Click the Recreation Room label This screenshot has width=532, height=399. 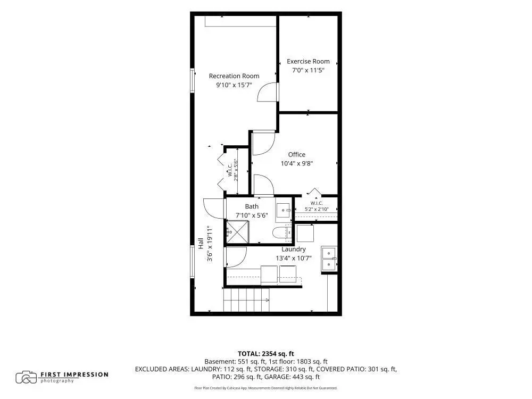pyautogui.click(x=234, y=76)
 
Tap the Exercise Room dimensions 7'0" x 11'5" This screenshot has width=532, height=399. pyautogui.click(x=308, y=70)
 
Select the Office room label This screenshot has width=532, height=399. pyautogui.click(x=296, y=154)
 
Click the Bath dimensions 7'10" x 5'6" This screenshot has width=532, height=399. pyautogui.click(x=252, y=215)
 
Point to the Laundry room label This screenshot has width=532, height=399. pyautogui.click(x=294, y=249)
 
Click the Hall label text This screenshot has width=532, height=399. pyautogui.click(x=201, y=243)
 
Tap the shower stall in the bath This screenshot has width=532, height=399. pyautogui.click(x=237, y=232)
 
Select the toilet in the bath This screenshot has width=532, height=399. pyautogui.click(x=282, y=232)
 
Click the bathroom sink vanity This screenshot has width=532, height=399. pyautogui.click(x=284, y=210)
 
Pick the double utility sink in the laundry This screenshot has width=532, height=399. pyautogui.click(x=329, y=259)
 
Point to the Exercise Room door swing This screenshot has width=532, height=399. pyautogui.click(x=268, y=92)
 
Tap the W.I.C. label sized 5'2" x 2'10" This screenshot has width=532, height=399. pyautogui.click(x=316, y=206)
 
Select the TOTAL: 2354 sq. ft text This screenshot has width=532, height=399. pyautogui.click(x=265, y=354)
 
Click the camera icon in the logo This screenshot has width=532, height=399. pyautogui.click(x=26, y=377)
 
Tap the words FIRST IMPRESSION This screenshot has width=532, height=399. pyautogui.click(x=74, y=375)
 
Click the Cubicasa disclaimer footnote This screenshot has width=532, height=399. pyautogui.click(x=265, y=388)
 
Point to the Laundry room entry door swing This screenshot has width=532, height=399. pyautogui.click(x=236, y=257)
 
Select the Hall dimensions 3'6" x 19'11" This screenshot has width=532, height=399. pyautogui.click(x=210, y=244)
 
